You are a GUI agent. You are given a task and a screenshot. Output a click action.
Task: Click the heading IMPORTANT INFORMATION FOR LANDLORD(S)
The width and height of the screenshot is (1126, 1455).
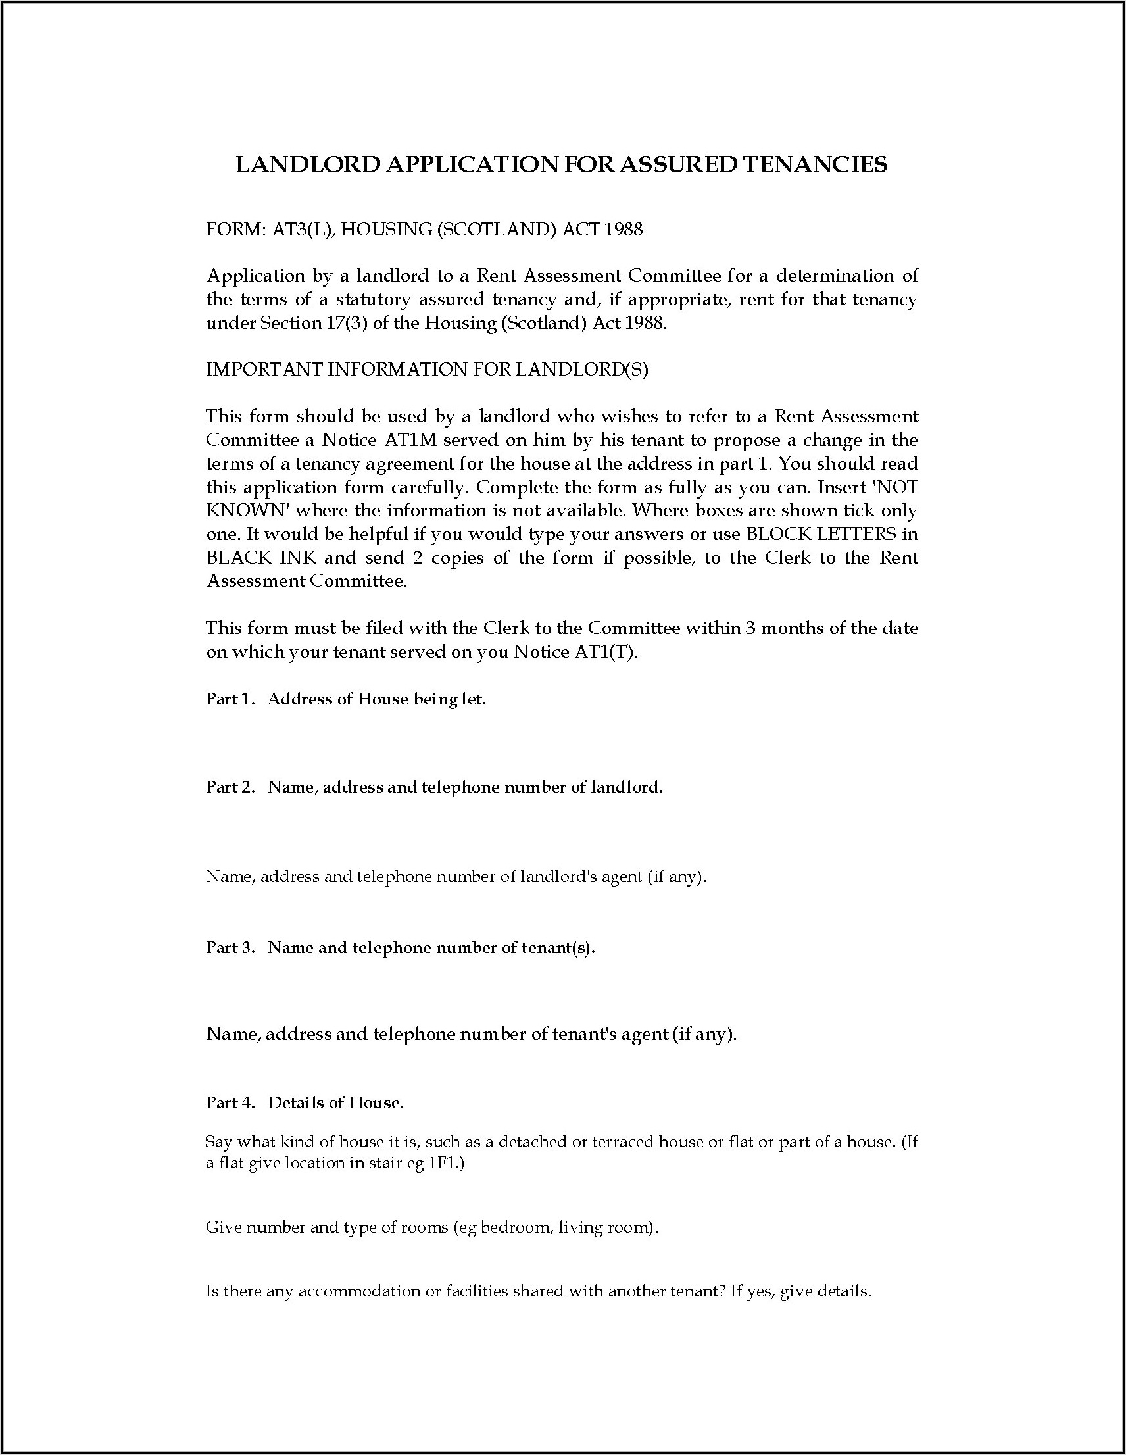427,370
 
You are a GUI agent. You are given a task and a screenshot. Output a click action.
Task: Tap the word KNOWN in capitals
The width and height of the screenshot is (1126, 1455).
246,511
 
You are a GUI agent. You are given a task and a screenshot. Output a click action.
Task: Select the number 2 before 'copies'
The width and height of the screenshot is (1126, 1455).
418,558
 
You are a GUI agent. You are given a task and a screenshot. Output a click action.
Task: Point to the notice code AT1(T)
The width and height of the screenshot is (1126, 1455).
605,652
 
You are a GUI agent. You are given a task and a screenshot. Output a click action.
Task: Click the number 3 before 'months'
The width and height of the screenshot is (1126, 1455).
750,628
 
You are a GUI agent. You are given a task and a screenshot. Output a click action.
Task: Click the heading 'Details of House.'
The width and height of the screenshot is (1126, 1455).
336,1102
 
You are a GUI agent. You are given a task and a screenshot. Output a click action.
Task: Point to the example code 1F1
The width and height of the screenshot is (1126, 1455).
442,1163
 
